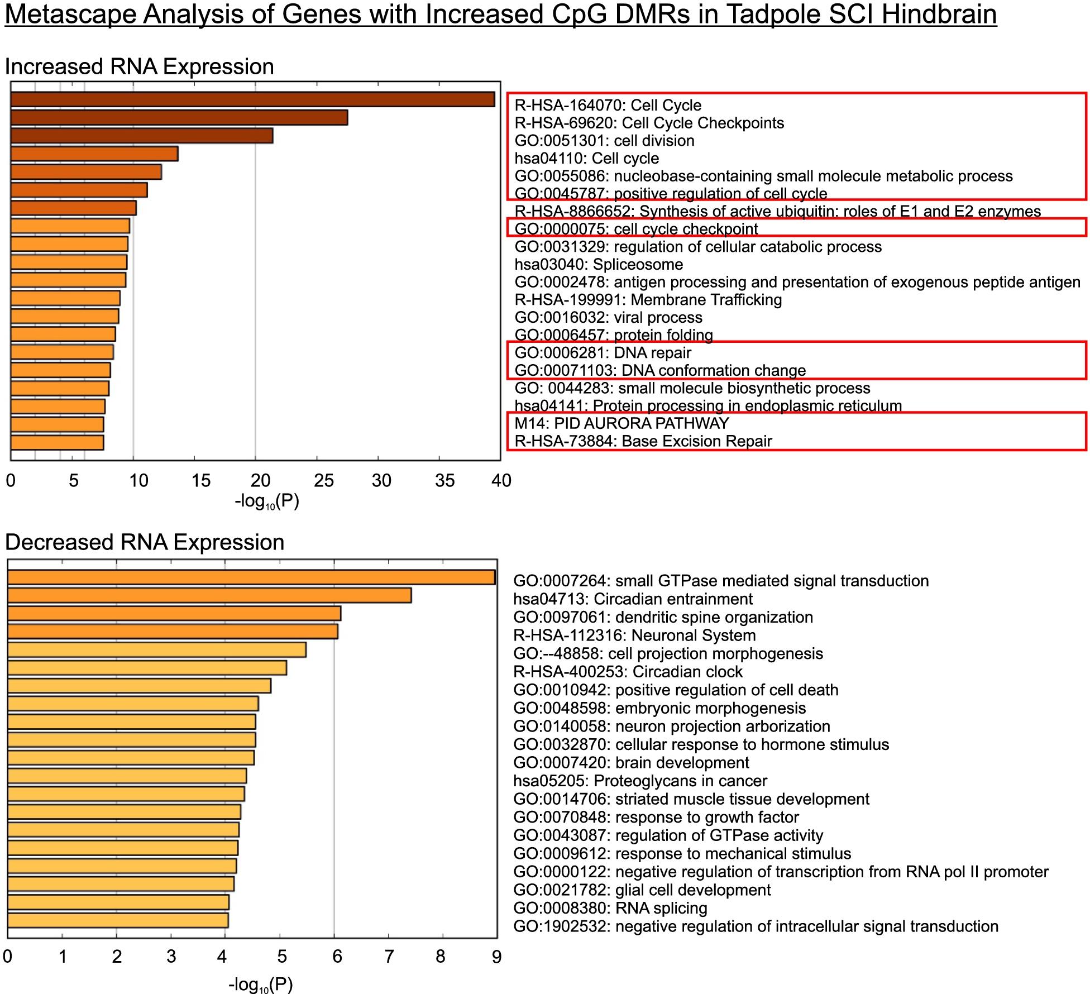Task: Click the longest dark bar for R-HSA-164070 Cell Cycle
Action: point(252,99)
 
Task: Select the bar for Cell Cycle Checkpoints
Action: point(179,118)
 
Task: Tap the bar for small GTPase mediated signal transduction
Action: point(251,577)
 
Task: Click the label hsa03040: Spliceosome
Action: point(599,264)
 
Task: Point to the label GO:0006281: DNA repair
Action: point(603,353)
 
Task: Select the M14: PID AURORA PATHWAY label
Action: point(622,423)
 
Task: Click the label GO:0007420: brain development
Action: point(631,763)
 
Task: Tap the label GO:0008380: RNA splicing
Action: point(610,909)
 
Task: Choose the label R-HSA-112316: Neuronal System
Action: point(634,635)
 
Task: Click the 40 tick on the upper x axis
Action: point(501,481)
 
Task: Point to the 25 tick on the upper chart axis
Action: point(323,481)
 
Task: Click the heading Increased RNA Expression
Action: point(139,66)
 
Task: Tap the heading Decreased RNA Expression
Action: point(145,542)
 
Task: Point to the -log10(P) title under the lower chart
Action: point(260,985)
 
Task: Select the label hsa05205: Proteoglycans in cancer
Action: point(640,781)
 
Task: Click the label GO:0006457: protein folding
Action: point(613,335)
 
